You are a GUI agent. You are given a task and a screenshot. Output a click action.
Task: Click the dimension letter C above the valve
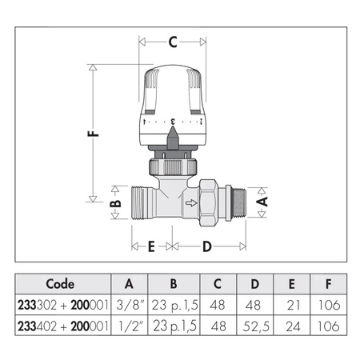[172, 42]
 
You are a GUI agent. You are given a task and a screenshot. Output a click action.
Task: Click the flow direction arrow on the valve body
[190, 204]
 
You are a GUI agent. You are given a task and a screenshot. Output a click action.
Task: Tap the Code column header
[60, 284]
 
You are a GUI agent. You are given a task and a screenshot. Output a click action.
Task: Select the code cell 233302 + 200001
[60, 306]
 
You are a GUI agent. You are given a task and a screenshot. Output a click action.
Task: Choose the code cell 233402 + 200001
[60, 326]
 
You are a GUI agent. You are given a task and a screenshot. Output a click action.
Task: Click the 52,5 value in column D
[255, 326]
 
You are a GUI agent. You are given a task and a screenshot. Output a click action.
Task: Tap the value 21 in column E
[292, 306]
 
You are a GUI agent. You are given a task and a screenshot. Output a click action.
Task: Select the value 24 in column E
[292, 326]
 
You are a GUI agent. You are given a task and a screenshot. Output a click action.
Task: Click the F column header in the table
[328, 284]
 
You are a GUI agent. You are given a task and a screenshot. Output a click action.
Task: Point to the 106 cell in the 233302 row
[328, 306]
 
